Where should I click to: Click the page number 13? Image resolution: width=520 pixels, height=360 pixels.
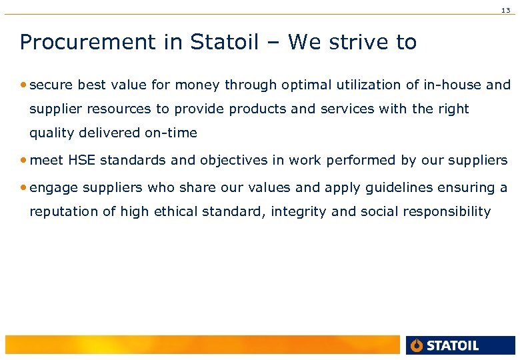506,10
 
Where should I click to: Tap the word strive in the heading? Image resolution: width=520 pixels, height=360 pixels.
360,42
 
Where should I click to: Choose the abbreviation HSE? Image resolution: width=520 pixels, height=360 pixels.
81,161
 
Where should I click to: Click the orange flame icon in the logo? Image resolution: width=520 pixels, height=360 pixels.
417,345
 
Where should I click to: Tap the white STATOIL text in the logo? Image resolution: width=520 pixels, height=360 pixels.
453,345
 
